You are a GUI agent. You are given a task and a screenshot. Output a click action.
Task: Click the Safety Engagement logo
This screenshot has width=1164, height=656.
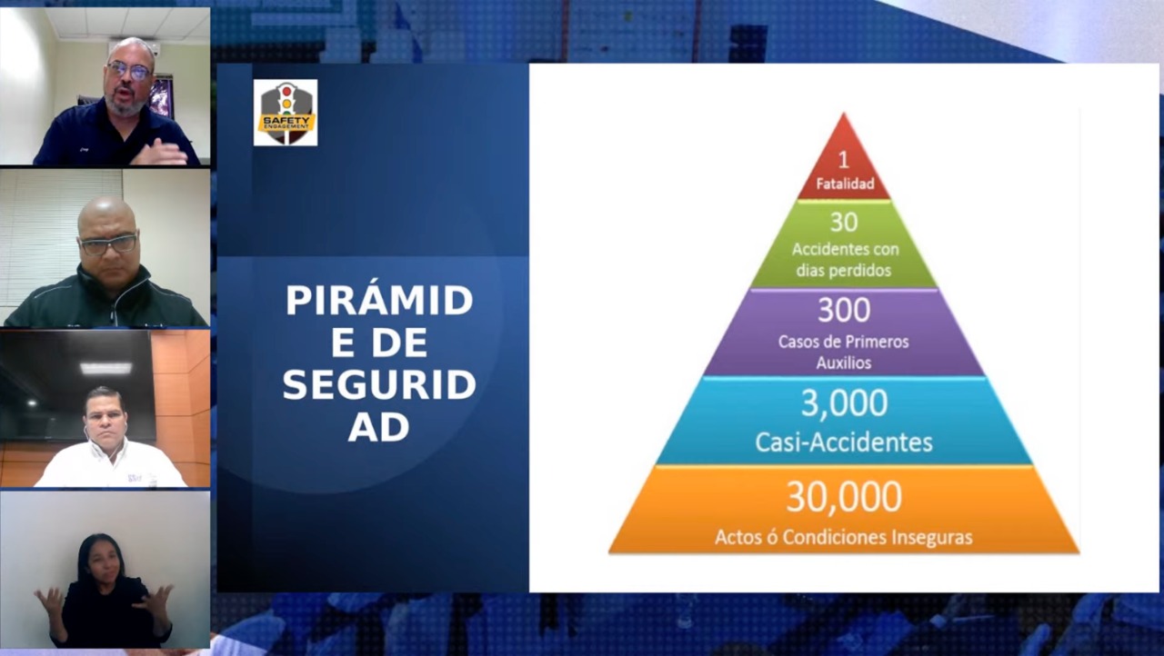286,113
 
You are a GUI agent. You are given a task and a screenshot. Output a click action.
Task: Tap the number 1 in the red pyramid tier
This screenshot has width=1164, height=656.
843,160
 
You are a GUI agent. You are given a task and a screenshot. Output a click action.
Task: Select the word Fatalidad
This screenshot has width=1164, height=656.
845,184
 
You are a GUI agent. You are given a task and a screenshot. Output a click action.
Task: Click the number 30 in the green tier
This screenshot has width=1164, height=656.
844,222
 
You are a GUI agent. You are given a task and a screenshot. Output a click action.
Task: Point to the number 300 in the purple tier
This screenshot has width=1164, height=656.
844,310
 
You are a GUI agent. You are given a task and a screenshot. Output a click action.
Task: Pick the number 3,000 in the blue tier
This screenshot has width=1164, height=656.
845,403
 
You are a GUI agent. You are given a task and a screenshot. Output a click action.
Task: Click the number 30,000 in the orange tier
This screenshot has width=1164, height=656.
844,497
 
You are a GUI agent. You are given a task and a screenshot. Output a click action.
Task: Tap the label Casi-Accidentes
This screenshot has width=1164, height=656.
844,442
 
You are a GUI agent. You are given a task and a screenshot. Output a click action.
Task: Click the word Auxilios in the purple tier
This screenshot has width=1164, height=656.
844,363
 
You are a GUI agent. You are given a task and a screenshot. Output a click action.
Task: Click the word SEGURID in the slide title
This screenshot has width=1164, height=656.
379,384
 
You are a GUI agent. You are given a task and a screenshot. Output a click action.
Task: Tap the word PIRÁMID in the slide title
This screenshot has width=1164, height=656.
379,300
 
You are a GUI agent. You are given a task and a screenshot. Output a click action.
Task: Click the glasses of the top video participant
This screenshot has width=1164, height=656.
129,71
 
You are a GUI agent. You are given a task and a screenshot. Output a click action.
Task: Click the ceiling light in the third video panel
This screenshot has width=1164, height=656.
105,369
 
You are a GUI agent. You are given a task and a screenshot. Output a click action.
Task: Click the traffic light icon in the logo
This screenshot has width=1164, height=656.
286,99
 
